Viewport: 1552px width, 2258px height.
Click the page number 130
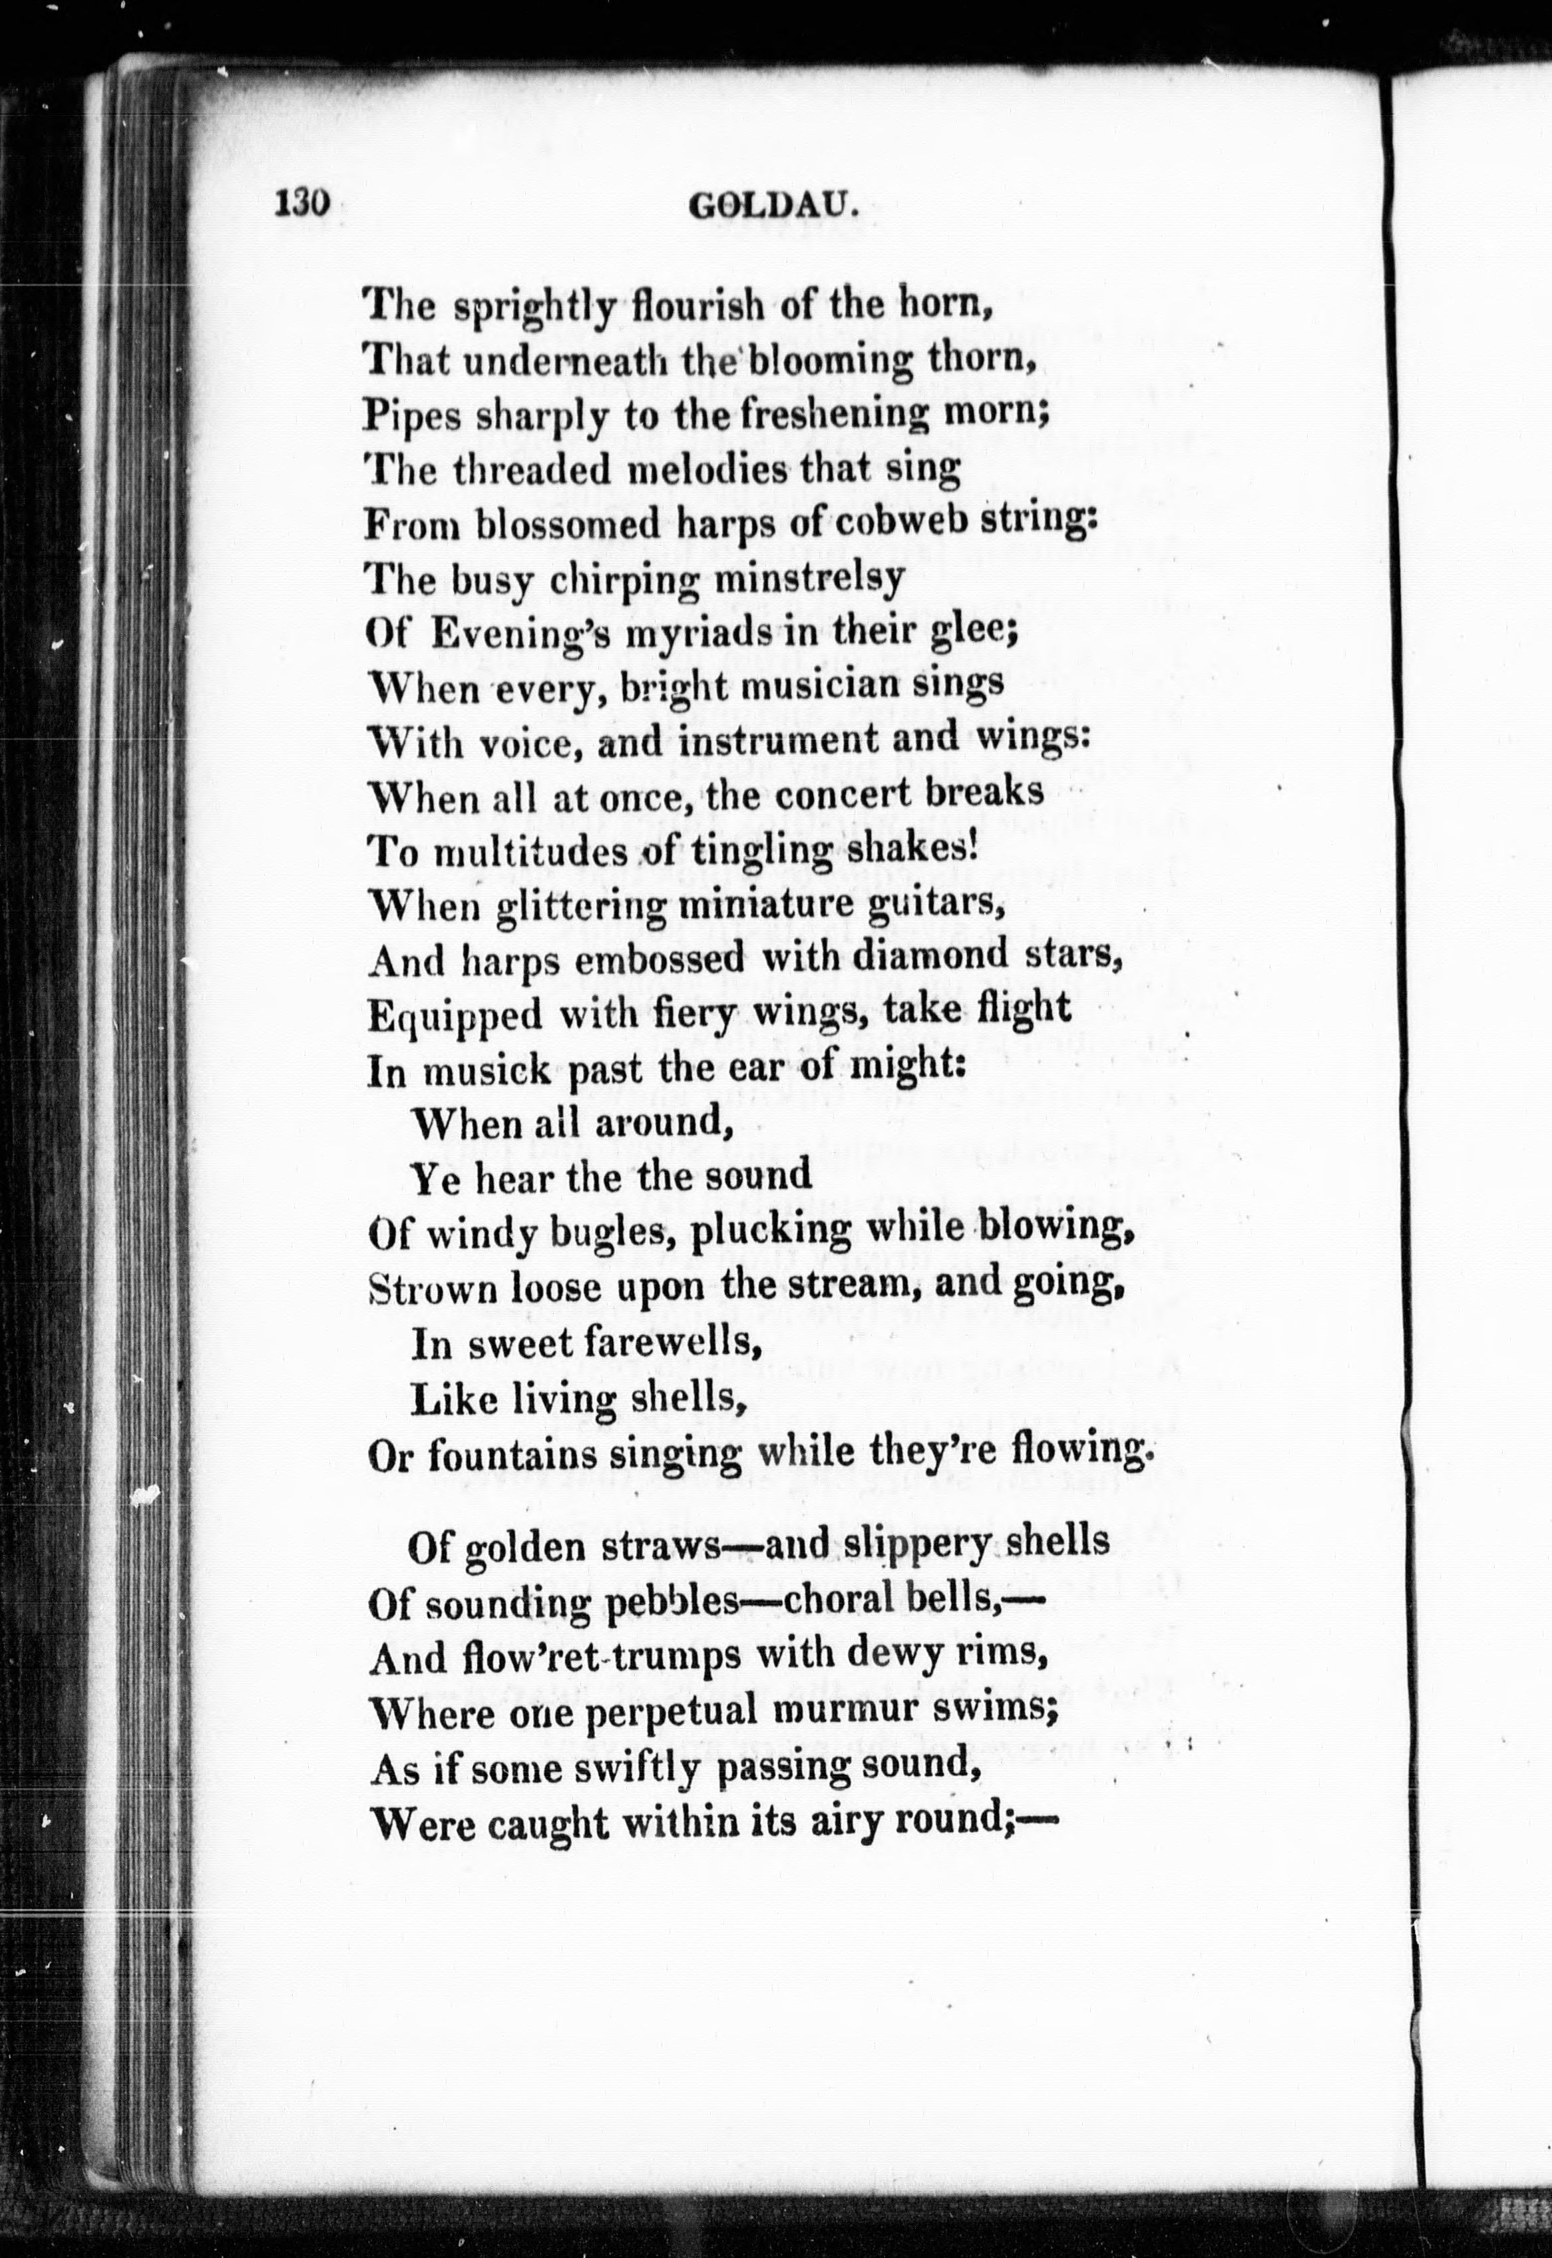click(x=304, y=205)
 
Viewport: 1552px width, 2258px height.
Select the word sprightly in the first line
click(x=534, y=308)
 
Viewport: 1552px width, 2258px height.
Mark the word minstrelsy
click(x=809, y=580)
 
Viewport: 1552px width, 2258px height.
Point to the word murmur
click(x=860, y=1709)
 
